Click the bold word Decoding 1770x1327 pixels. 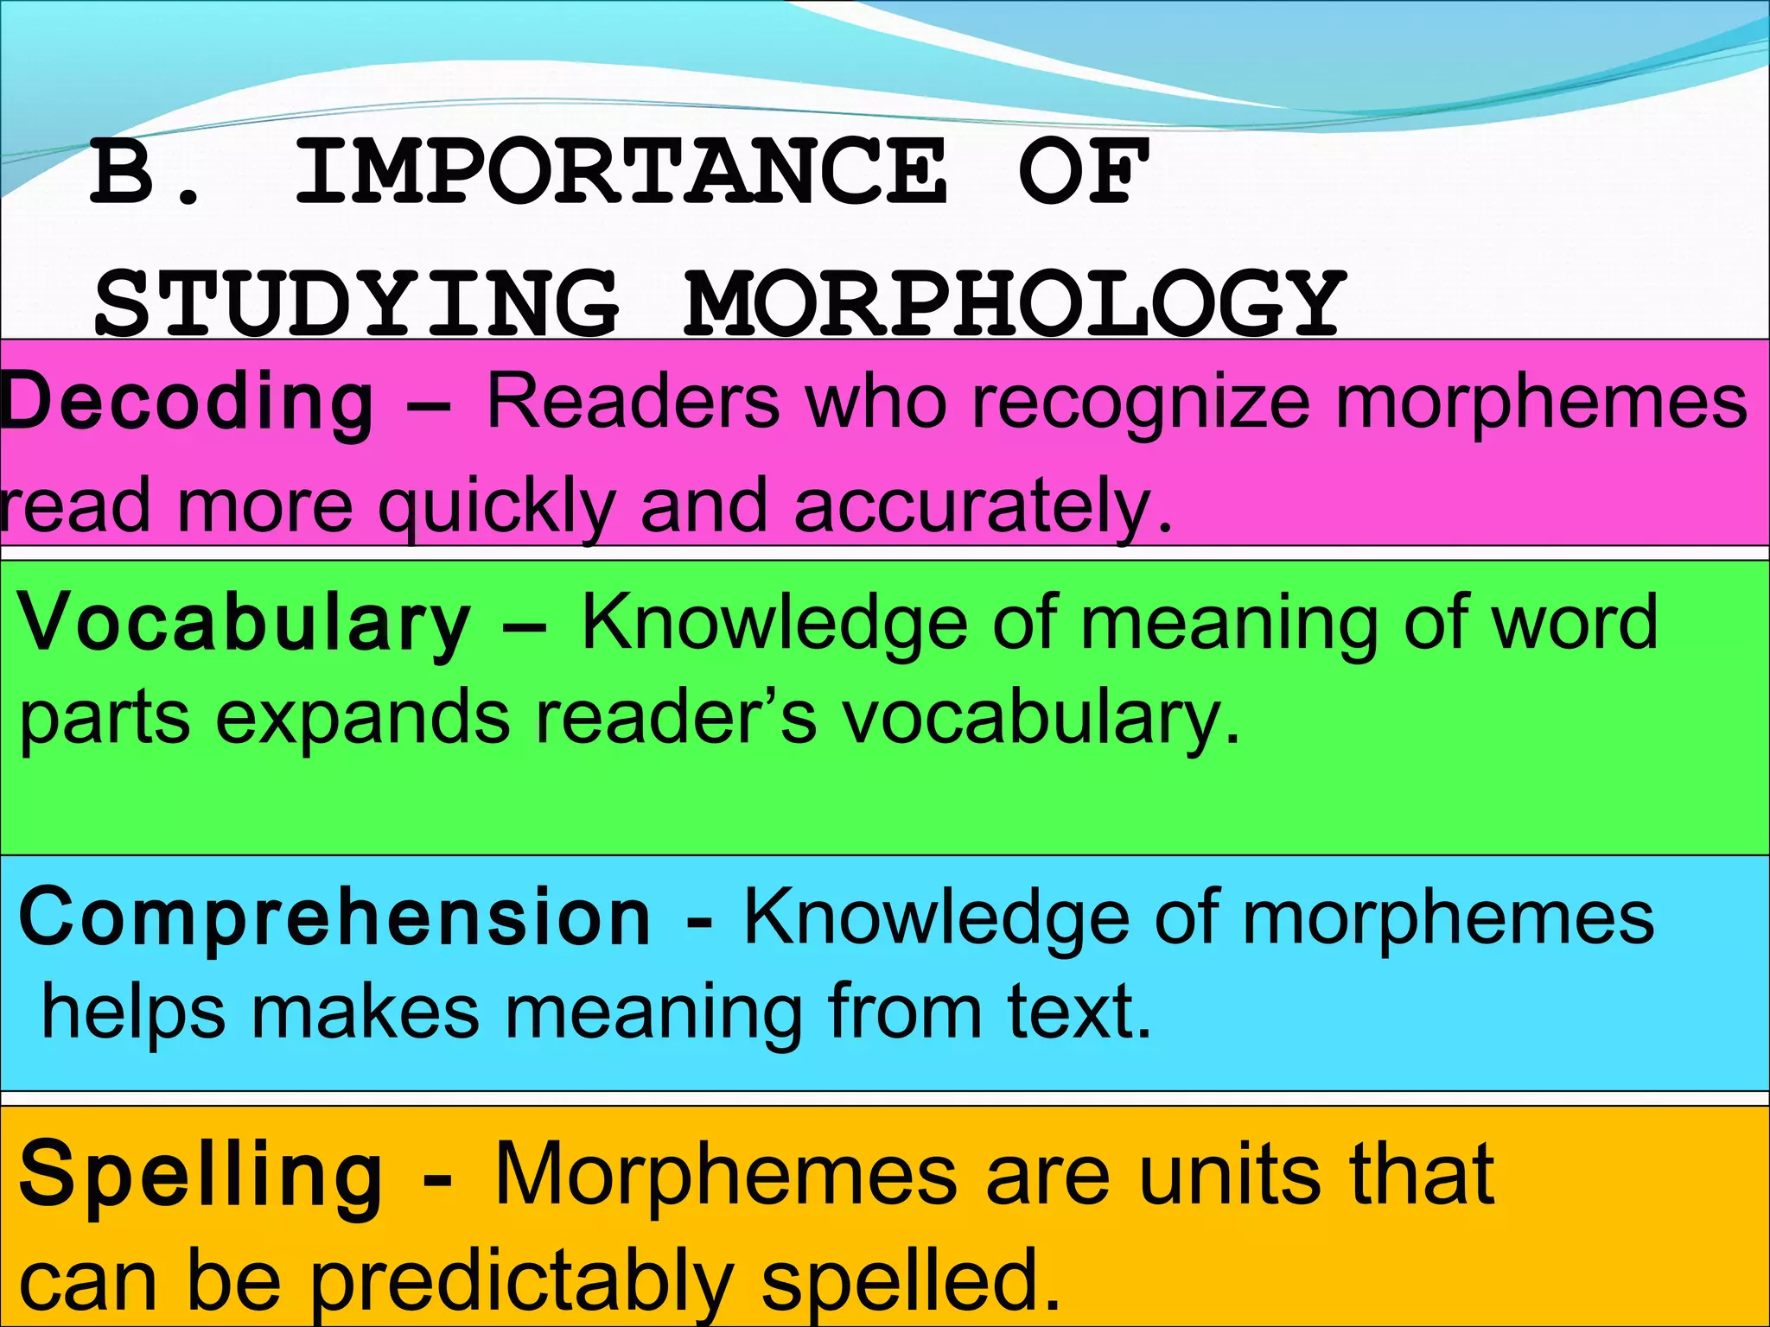point(187,403)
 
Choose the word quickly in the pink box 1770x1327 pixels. point(497,508)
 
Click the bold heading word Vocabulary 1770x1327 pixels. point(245,624)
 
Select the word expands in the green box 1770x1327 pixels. point(362,719)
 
